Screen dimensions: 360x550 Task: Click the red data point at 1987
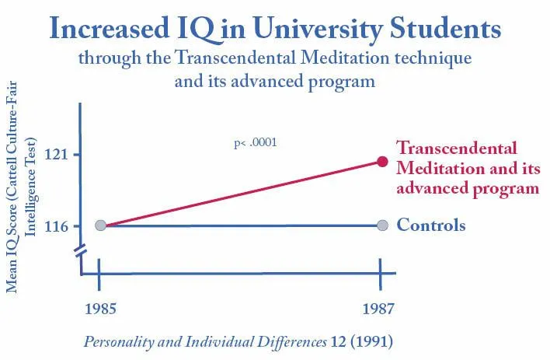pyautogui.click(x=382, y=161)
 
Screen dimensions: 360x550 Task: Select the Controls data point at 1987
pyautogui.click(x=382, y=225)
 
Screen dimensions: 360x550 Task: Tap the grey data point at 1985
pyautogui.click(x=100, y=225)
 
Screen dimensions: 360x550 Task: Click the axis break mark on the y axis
pyautogui.click(x=81, y=252)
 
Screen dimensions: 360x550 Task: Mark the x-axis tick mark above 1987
pyautogui.click(x=380, y=273)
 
